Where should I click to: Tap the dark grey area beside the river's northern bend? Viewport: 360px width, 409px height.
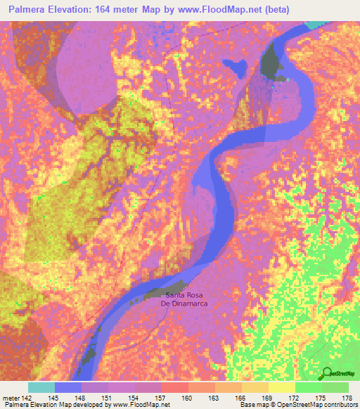click(271, 62)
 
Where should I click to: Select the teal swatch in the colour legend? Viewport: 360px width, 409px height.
click(41, 387)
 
